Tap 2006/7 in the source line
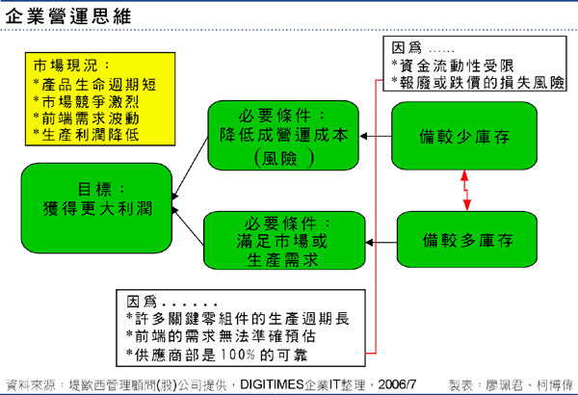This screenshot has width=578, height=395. [x=398, y=382]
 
